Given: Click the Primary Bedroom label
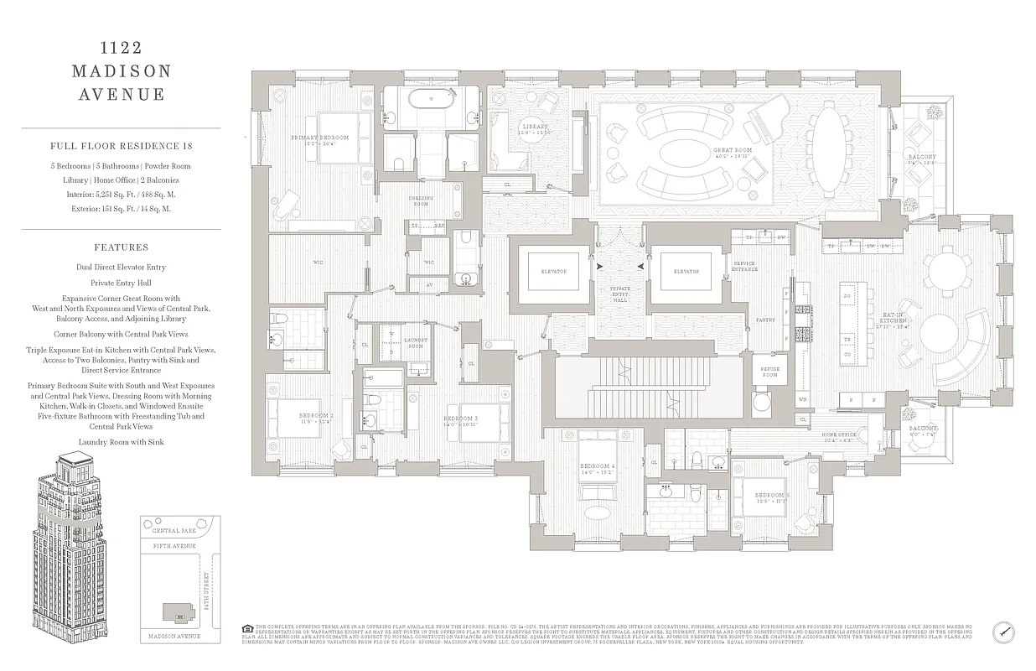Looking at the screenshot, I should pos(319,140).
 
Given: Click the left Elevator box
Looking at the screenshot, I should pos(553,272).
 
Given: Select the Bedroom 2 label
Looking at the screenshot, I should pos(315,418).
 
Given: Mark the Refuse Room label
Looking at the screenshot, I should pos(769,372).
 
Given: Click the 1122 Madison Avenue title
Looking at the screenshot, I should pos(122,71).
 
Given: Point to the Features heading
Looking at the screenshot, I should pos(122,247).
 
